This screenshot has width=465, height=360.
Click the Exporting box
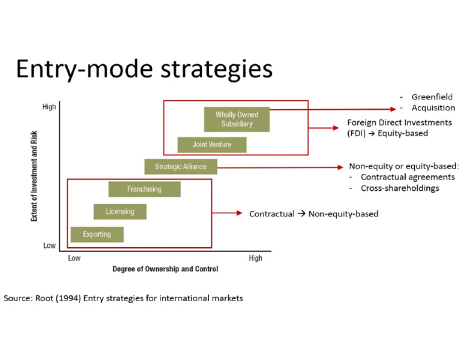click(x=97, y=235)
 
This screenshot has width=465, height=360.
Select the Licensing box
click(x=120, y=212)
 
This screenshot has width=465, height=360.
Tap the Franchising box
click(x=144, y=189)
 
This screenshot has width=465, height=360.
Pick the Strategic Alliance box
click(x=180, y=167)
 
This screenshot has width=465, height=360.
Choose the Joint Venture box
click(x=212, y=145)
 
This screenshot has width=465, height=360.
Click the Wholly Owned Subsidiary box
click(x=236, y=119)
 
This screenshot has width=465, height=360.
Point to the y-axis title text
click(x=35, y=176)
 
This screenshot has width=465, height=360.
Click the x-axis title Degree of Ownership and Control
click(x=165, y=269)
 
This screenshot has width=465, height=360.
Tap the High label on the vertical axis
click(x=49, y=107)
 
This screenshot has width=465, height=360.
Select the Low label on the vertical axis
click(x=50, y=246)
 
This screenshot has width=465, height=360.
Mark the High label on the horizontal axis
click(x=256, y=259)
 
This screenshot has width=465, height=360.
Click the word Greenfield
click(x=432, y=97)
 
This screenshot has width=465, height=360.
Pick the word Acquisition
click(x=433, y=108)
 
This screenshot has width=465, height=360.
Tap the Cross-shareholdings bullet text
click(x=400, y=188)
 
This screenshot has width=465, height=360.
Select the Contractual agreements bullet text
click(x=407, y=177)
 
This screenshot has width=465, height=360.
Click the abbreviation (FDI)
click(x=357, y=133)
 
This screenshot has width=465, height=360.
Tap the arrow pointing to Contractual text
click(x=227, y=213)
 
